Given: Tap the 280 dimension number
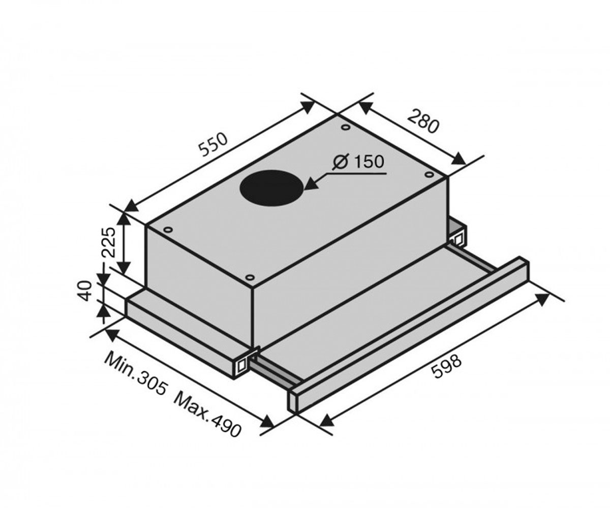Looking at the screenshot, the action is pyautogui.click(x=423, y=121).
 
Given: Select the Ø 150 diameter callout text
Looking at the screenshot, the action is pyautogui.click(x=358, y=162).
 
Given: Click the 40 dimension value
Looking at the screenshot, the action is pyautogui.click(x=86, y=291).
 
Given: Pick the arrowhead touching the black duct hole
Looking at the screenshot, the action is pyautogui.click(x=311, y=184).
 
